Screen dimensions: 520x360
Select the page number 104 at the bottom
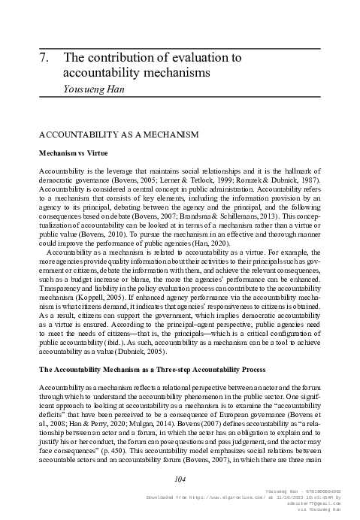click(x=180, y=479)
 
